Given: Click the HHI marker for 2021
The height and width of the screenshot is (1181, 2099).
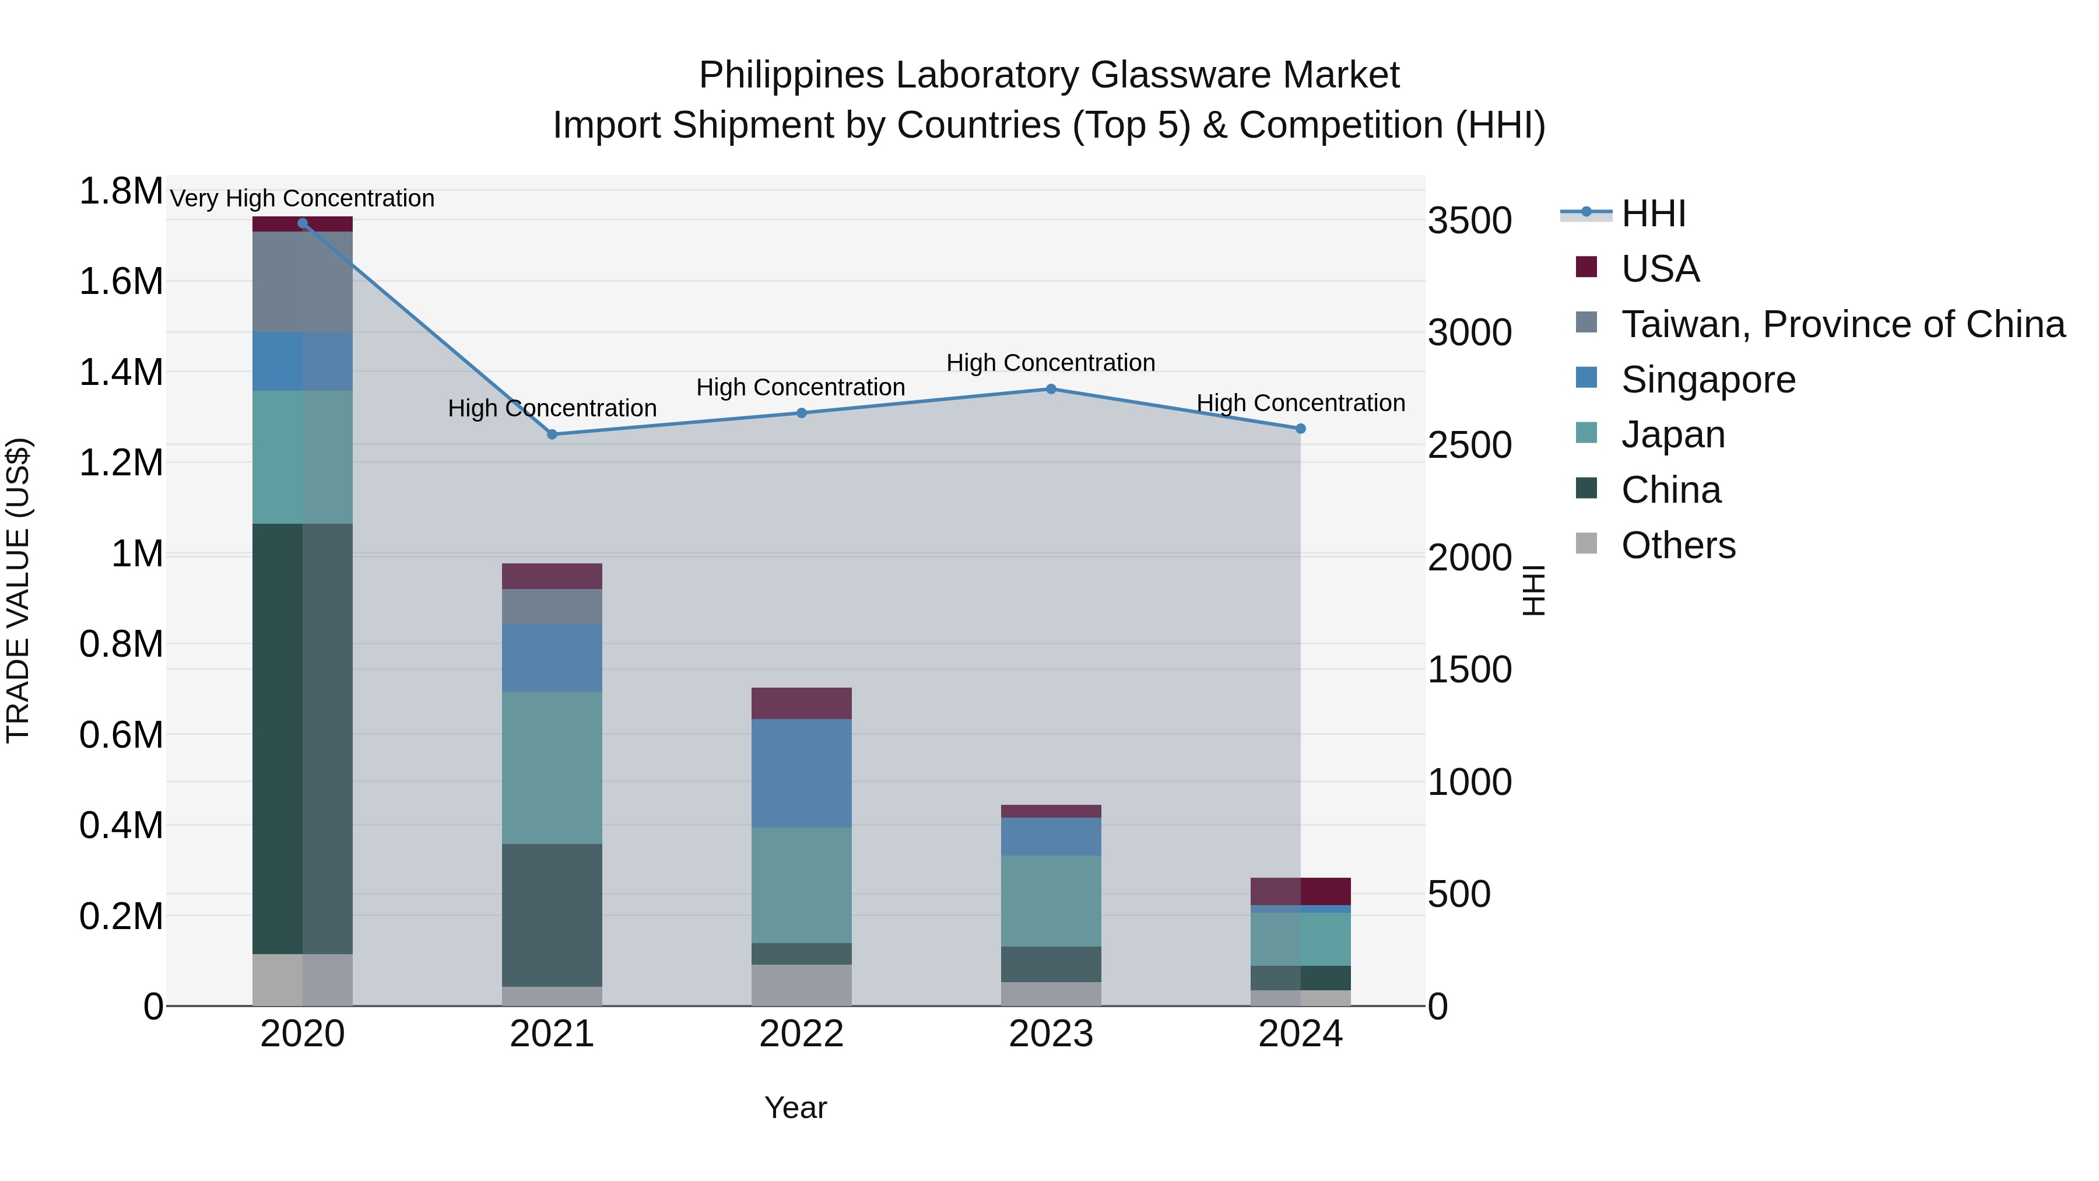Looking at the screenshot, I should [x=552, y=434].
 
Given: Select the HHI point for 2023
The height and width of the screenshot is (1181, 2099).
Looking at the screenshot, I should [x=1051, y=390].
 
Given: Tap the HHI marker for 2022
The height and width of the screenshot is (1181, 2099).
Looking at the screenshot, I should [x=801, y=413].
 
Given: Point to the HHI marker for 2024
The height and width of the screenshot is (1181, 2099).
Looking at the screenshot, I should [x=1300, y=429].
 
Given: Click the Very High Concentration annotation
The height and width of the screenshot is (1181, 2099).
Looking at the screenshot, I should [x=302, y=198].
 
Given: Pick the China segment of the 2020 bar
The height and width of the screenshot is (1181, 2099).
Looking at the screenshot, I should [x=302, y=738].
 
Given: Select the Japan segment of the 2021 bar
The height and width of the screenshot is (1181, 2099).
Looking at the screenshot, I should [x=552, y=767].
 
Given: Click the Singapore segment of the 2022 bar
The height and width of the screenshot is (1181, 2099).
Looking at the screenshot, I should [x=801, y=773].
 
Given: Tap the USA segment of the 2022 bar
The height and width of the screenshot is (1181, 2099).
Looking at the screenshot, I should [x=801, y=703].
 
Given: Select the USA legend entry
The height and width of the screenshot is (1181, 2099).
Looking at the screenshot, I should [x=1660, y=269].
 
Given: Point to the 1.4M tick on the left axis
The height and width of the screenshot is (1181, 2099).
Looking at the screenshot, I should [x=121, y=373].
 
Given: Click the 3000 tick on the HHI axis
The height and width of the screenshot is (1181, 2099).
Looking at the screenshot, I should [x=1470, y=332].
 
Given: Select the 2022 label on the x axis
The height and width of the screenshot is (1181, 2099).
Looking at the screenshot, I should [x=801, y=1034].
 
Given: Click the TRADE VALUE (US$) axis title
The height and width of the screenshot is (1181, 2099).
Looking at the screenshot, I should [x=19, y=590].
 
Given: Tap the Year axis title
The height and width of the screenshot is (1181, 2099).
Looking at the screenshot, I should [x=795, y=1108].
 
